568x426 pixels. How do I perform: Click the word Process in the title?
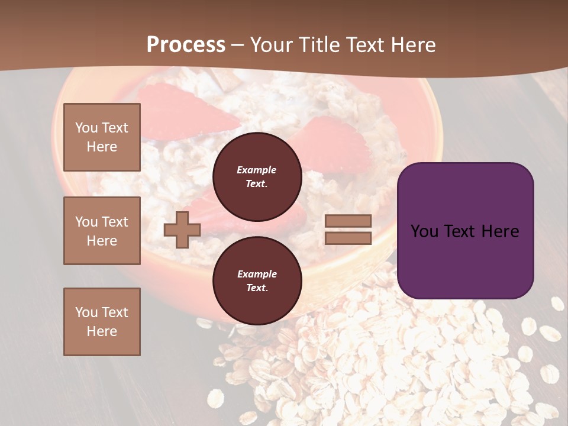point(186,45)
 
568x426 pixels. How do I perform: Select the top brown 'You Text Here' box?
point(102,137)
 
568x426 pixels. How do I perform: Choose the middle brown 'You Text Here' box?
point(102,231)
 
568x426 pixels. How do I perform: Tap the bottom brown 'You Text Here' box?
point(102,321)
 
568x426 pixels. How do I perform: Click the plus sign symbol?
point(182,230)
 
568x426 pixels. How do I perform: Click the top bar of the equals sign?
point(348,221)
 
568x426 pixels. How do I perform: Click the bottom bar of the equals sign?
point(348,238)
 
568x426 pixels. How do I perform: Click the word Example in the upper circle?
point(257,170)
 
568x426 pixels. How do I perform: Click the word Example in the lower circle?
point(257,274)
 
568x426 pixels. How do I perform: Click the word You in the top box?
point(86,128)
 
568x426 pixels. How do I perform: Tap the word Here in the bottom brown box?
point(102,331)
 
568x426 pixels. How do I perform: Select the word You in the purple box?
point(424,231)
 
